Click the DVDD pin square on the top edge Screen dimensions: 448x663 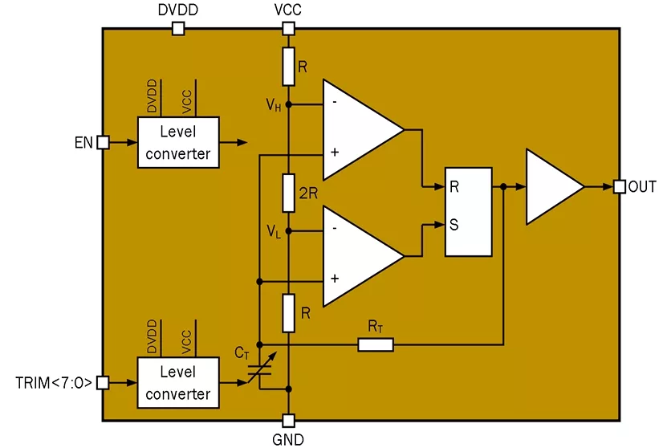click(178, 29)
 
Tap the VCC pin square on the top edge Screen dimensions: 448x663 click(289, 29)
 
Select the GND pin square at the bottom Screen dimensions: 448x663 click(289, 420)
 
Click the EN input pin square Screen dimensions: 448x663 click(103, 142)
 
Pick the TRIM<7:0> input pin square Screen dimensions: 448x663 click(103, 383)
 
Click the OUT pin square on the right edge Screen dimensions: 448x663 click(619, 186)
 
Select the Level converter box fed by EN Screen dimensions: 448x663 click(177, 142)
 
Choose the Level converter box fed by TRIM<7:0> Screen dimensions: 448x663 click(177, 383)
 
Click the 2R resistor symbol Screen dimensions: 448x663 click(289, 192)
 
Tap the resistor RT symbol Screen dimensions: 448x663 click(376, 344)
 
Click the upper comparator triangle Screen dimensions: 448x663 click(357, 128)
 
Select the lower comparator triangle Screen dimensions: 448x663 click(357, 255)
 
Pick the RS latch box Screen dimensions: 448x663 click(468, 212)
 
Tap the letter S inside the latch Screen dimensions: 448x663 click(454, 225)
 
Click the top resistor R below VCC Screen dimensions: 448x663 click(289, 66)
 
